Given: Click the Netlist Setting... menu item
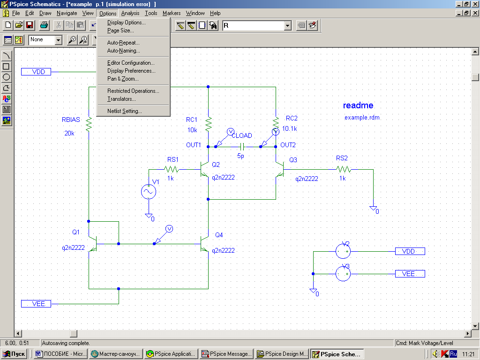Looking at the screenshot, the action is tap(124, 111).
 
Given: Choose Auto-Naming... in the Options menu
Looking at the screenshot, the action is tap(123, 51).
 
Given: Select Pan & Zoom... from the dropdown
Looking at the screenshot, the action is tap(123, 79).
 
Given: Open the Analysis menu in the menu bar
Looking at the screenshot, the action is tap(130, 13).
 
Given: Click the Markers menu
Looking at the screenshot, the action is tap(172, 13).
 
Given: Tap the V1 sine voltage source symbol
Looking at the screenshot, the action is tap(149, 192).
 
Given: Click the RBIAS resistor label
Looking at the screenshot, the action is tap(71, 120).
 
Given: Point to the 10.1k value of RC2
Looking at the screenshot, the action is tap(289, 128).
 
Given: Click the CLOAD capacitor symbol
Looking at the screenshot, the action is tap(242, 147).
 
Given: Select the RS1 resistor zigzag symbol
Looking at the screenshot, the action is tap(172, 169).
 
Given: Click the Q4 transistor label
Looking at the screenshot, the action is tap(219, 235).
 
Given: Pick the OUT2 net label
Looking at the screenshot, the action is tap(288, 145).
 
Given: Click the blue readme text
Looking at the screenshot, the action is tap(358, 105).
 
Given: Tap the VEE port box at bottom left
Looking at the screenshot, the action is tap(36, 304).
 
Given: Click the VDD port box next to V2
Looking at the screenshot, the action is tap(410, 251).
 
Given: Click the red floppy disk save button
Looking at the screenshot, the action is tap(30, 25).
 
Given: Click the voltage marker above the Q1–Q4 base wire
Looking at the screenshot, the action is tap(169, 229).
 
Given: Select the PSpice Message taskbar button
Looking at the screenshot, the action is tap(226, 354).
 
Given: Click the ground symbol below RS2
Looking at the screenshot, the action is tap(373, 209).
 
